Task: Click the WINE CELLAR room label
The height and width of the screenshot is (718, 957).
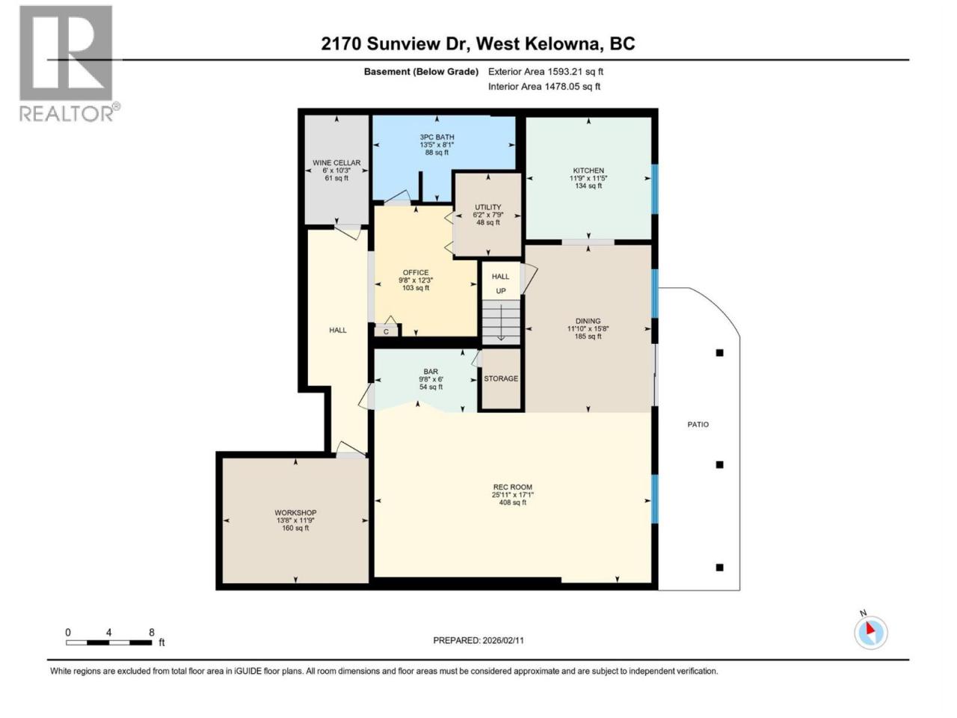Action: pyautogui.click(x=336, y=162)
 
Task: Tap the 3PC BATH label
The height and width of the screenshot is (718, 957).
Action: pyautogui.click(x=437, y=137)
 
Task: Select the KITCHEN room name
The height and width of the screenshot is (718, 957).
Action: pyautogui.click(x=588, y=171)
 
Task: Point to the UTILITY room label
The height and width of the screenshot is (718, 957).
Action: pyautogui.click(x=488, y=207)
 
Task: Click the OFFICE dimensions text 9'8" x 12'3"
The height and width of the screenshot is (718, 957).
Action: pyautogui.click(x=416, y=280)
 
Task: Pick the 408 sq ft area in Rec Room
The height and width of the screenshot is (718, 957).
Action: pyautogui.click(x=512, y=502)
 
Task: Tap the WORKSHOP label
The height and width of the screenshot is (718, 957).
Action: pyautogui.click(x=295, y=512)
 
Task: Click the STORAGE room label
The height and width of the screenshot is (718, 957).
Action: pyautogui.click(x=501, y=378)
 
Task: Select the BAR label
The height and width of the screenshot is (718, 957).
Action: pyautogui.click(x=431, y=372)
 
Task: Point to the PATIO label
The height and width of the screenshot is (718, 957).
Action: pyautogui.click(x=698, y=424)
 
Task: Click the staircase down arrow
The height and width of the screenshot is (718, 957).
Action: pyautogui.click(x=501, y=322)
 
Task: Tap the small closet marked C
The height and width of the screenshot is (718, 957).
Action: pyautogui.click(x=386, y=331)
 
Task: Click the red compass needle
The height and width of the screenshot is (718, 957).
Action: pyautogui.click(x=870, y=628)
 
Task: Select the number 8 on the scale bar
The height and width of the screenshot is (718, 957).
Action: pyautogui.click(x=151, y=632)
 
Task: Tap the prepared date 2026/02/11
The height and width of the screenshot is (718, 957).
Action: pyautogui.click(x=502, y=640)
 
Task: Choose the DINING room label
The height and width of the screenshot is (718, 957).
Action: pyautogui.click(x=588, y=321)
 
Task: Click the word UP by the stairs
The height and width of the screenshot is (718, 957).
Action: pyautogui.click(x=500, y=291)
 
